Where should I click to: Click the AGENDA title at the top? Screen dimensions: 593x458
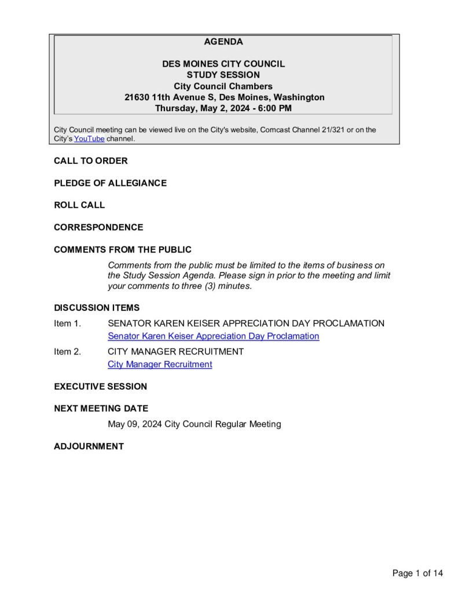click(x=223, y=42)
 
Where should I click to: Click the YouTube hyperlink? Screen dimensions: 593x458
click(x=89, y=139)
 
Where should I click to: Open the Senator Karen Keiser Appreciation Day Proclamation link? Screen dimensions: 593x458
click(x=213, y=336)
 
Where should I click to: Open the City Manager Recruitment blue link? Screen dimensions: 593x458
click(x=160, y=365)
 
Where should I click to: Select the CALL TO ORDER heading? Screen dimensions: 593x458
click(x=91, y=161)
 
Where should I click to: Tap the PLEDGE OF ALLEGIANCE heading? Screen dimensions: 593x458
click(x=110, y=183)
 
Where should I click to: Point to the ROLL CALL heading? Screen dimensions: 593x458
click(x=79, y=205)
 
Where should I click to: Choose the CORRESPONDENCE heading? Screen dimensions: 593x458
click(x=98, y=228)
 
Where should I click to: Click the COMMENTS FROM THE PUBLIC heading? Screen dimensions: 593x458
click(x=123, y=250)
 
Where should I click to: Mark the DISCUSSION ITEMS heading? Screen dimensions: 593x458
click(x=97, y=308)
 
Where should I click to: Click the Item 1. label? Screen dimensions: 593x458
click(x=67, y=324)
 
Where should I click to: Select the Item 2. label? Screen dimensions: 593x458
click(x=67, y=352)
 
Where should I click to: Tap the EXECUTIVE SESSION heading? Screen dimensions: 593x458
click(x=101, y=387)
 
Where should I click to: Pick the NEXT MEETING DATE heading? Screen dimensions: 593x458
click(x=101, y=409)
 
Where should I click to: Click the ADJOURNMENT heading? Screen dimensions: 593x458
click(x=89, y=446)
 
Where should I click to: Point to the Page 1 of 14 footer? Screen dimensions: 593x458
click(x=417, y=574)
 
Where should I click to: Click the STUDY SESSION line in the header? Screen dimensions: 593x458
click(x=223, y=75)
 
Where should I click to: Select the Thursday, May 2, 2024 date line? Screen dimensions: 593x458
click(x=223, y=108)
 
